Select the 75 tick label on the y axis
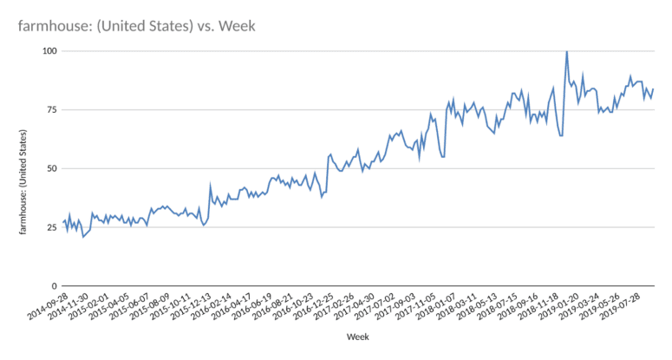pos(51,110)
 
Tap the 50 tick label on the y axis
pos(51,168)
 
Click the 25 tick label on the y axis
pos(51,227)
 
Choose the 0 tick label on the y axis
pos(54,285)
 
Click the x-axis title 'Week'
pos(358,336)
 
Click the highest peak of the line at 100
pos(566,51)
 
